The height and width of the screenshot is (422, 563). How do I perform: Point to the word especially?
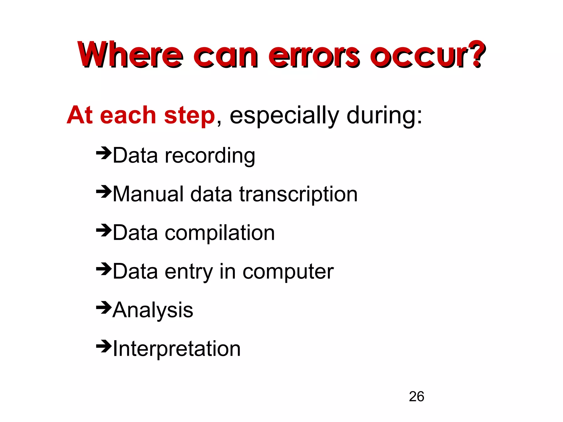pyautogui.click(x=284, y=116)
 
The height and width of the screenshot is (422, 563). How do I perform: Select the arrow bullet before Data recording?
pyautogui.click(x=104, y=152)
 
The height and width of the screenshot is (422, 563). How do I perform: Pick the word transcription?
pyautogui.click(x=298, y=195)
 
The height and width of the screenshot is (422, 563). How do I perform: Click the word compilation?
pyautogui.click(x=220, y=233)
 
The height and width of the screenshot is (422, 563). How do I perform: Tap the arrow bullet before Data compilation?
pyautogui.click(x=104, y=230)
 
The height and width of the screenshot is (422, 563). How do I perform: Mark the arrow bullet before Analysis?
pyautogui.click(x=104, y=307)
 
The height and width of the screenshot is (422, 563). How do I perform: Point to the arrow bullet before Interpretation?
pyautogui.click(x=104, y=346)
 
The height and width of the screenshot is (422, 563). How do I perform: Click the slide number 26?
pyautogui.click(x=416, y=396)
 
